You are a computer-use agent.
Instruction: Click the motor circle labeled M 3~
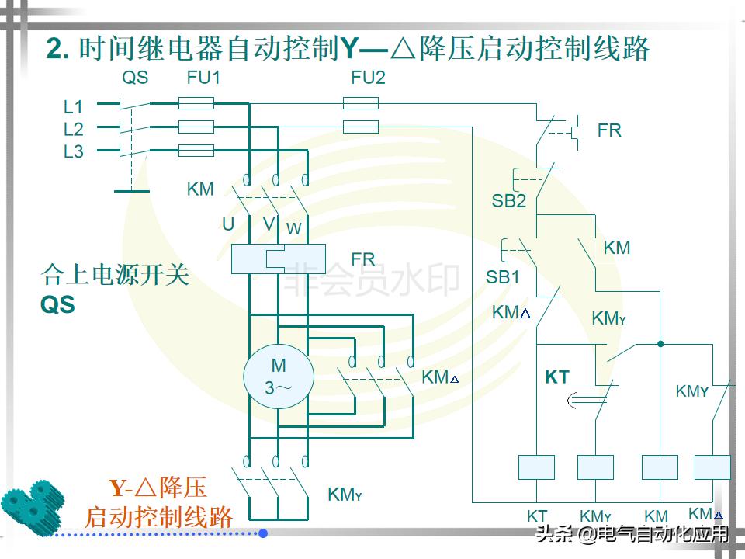(278, 377)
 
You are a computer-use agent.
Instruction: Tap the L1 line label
(74, 107)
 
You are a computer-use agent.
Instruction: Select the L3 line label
(74, 152)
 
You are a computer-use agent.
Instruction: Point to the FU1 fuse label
(204, 78)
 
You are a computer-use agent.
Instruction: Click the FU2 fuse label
(368, 78)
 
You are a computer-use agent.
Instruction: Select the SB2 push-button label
(508, 201)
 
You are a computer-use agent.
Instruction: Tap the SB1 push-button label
(503, 277)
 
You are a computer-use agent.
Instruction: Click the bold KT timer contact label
(557, 378)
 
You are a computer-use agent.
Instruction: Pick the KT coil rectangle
(537, 467)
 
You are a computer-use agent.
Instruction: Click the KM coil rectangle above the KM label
(660, 467)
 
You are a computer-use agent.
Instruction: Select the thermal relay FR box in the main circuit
(279, 259)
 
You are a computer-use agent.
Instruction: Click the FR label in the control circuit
(609, 130)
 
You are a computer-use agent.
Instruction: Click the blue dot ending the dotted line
(263, 533)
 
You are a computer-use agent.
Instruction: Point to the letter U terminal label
(228, 224)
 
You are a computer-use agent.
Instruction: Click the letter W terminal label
(293, 229)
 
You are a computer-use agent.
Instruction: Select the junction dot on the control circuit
(660, 342)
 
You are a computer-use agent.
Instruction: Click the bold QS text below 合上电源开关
(58, 305)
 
